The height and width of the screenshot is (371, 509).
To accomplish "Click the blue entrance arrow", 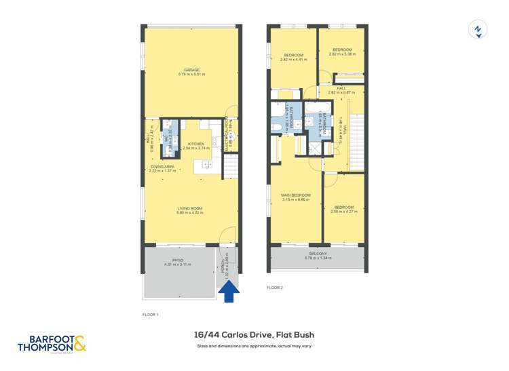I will [231, 292].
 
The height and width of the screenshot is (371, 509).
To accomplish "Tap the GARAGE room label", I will [191, 71].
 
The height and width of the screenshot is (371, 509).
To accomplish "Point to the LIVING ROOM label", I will [191, 210].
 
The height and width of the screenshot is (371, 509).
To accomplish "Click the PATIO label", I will [178, 262].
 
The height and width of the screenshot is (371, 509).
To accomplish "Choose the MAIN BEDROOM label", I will [295, 197].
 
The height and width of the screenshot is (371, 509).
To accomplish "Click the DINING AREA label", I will [163, 168].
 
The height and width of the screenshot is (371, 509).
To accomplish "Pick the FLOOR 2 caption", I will [275, 288].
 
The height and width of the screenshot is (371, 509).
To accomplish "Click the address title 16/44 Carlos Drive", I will [254, 334].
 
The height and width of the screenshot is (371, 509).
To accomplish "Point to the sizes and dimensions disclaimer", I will [254, 346].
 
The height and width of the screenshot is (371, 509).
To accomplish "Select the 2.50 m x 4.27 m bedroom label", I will [343, 209].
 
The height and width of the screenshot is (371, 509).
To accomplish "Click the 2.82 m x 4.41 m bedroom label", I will [294, 57].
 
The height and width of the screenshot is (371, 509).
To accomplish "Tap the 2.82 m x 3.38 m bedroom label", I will [342, 51].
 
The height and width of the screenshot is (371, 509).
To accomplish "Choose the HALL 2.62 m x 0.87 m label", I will [341, 90].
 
